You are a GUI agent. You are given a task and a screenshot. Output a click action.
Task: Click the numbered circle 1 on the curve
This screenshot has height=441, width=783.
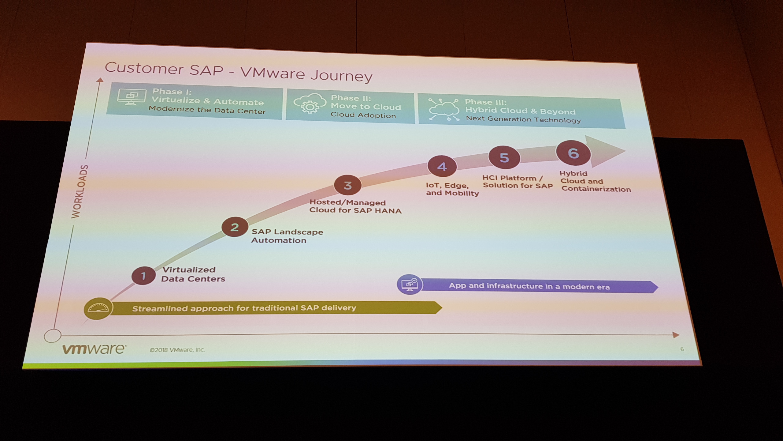[x=143, y=276]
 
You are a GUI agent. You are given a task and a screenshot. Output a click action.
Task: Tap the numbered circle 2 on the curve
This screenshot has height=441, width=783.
[x=235, y=227]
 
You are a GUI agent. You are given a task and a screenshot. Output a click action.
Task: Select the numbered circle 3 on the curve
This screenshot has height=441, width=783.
[x=348, y=185]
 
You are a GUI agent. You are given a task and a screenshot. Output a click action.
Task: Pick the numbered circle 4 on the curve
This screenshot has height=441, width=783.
[x=442, y=167]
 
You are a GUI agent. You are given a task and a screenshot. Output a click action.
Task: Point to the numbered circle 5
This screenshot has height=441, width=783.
[x=504, y=158]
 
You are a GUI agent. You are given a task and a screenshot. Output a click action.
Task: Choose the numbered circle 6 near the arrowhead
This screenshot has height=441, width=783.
[x=573, y=153]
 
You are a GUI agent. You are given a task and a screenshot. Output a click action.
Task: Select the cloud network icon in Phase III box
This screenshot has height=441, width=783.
[x=443, y=109]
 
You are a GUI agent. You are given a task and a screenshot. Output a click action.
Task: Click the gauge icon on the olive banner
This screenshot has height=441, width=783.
[x=98, y=308]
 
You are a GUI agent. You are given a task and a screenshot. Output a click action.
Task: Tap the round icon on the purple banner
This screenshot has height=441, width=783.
[x=410, y=285]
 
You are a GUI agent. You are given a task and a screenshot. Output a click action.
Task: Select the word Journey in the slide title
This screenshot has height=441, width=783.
[x=341, y=76]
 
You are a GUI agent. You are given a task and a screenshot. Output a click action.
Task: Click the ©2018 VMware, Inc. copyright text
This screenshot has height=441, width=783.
[x=177, y=350]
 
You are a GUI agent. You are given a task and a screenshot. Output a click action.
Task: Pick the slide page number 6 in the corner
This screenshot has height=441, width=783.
[x=682, y=349]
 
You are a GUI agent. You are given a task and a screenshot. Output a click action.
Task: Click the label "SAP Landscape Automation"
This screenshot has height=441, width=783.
[x=287, y=236]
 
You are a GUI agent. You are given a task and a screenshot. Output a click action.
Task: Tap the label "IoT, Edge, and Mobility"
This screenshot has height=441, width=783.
[x=452, y=189]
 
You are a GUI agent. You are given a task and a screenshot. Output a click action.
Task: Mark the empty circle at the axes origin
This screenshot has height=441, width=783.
[x=53, y=336]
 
